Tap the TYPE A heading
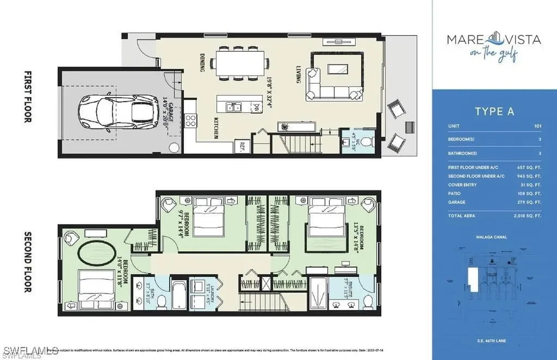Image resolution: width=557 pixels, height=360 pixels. pos(494,111)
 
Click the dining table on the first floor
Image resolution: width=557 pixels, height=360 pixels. pos(240,62)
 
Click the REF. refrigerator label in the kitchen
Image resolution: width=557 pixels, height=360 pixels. pos(240,145)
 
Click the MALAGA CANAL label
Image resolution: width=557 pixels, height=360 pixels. pos(494,238)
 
